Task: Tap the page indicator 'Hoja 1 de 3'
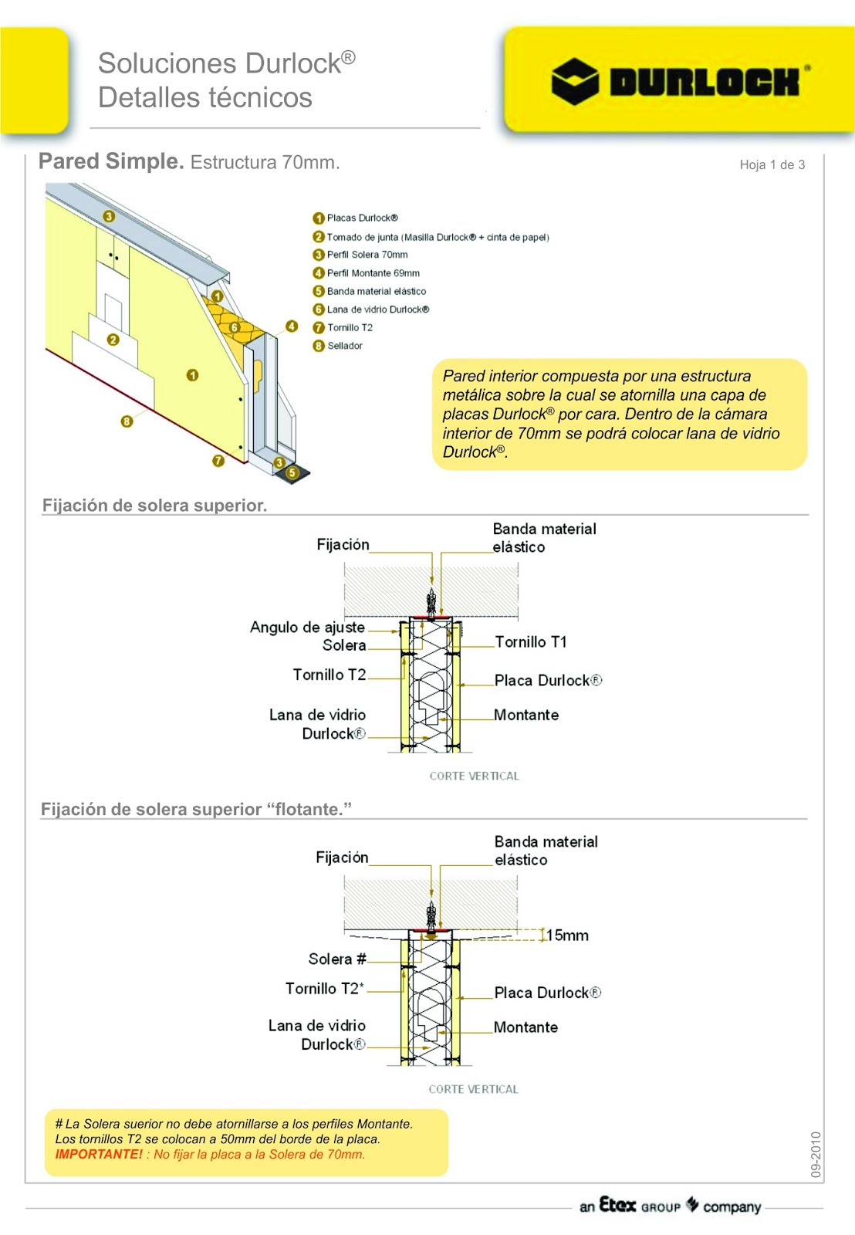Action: (x=772, y=164)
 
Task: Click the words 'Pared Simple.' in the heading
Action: (x=111, y=161)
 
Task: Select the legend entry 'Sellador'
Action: (x=344, y=346)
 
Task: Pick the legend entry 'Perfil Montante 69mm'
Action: (x=373, y=272)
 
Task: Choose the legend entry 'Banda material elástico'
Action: (x=376, y=291)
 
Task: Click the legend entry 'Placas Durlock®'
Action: (x=362, y=218)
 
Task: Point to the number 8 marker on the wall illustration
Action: (x=127, y=421)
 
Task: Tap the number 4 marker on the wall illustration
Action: (x=292, y=327)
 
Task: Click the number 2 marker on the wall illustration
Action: (x=113, y=340)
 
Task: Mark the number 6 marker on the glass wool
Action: (x=235, y=327)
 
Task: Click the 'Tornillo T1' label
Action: (x=531, y=642)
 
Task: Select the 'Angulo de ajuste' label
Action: (x=307, y=627)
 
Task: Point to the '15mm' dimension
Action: (x=568, y=936)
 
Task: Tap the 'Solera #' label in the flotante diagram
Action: (x=337, y=959)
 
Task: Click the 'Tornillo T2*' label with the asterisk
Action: (x=324, y=989)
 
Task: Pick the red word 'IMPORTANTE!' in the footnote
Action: (x=99, y=1155)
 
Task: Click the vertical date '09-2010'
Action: (x=816, y=1154)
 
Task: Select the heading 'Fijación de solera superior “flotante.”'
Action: (x=196, y=809)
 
